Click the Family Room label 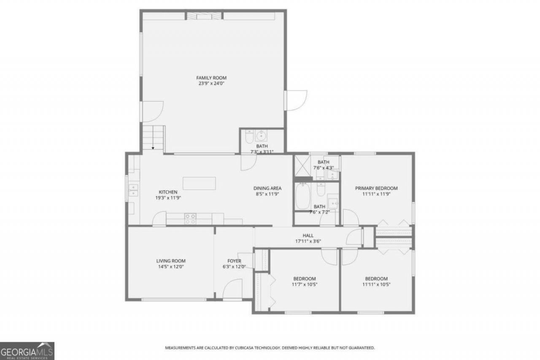tap(211, 78)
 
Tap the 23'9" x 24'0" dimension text tap(211, 84)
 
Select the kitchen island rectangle tap(199, 183)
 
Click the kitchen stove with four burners tap(190, 219)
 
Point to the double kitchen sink tap(133, 190)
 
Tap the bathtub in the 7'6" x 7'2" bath tap(303, 196)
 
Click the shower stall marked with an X tap(302, 166)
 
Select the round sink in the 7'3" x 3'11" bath tap(261, 136)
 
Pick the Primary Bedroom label tap(376, 188)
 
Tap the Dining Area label tap(267, 188)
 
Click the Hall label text tap(308, 235)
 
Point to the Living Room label tap(171, 261)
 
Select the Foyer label tap(234, 261)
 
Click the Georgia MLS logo tap(27, 351)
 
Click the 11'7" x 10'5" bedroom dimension tap(305, 284)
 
